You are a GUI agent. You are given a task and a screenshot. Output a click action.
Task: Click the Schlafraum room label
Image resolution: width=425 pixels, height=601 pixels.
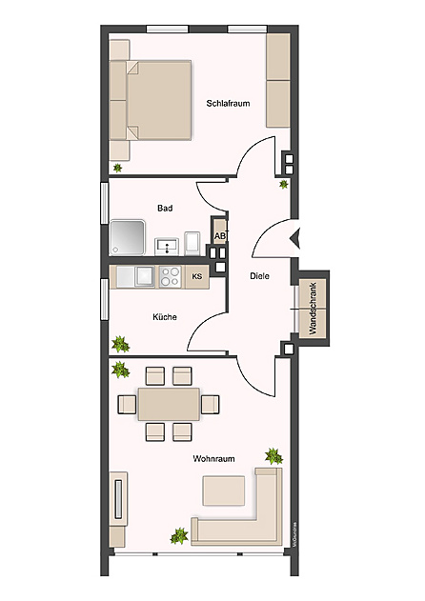228,103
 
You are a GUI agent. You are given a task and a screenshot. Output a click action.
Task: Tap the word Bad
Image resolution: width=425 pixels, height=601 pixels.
164,207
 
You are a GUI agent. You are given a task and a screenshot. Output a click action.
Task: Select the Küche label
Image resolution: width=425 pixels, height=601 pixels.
165,317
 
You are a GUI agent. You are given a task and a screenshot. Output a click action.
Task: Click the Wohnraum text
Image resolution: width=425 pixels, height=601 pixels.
213,459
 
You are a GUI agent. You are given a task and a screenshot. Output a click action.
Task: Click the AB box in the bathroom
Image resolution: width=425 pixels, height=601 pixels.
219,235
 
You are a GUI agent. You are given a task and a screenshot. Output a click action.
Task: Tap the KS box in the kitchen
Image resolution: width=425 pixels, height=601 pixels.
197,277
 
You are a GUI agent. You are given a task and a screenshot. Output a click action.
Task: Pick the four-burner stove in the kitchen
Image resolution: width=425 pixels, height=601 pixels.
171,276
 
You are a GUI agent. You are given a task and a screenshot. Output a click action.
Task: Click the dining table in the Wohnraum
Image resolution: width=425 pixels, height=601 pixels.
169,403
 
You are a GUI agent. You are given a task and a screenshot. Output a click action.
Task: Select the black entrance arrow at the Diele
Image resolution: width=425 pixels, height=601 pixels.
294,238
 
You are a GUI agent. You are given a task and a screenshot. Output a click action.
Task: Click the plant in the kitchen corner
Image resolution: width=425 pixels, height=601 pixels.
121,344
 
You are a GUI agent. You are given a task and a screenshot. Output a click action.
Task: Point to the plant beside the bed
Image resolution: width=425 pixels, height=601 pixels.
117,168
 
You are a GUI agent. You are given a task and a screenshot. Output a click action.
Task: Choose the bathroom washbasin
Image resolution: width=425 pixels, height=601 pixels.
164,245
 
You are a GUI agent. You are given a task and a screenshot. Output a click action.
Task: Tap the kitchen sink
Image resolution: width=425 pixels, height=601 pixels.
143,276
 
